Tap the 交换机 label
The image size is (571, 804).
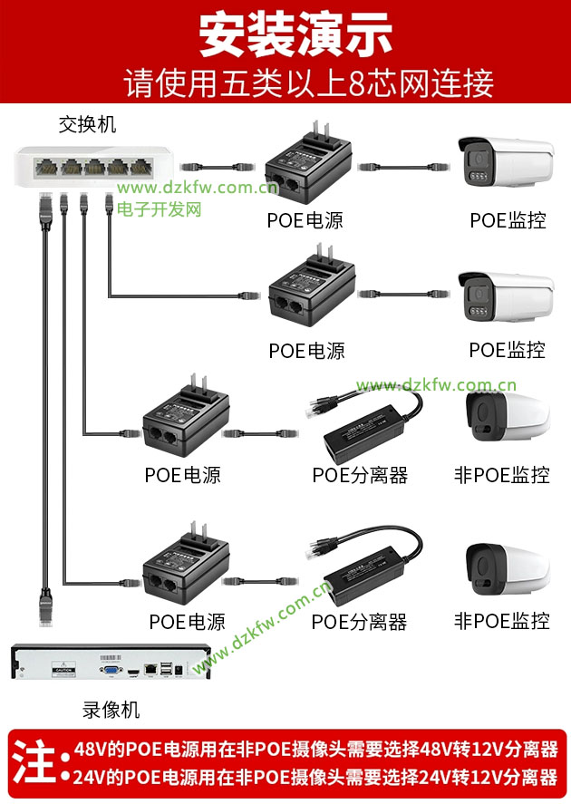[x=87, y=124]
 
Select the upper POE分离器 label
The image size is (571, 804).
[x=360, y=475]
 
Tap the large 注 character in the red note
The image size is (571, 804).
[x=33, y=762]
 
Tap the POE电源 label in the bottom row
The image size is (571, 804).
[x=187, y=622]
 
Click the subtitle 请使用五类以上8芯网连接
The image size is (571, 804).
[x=308, y=82]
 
